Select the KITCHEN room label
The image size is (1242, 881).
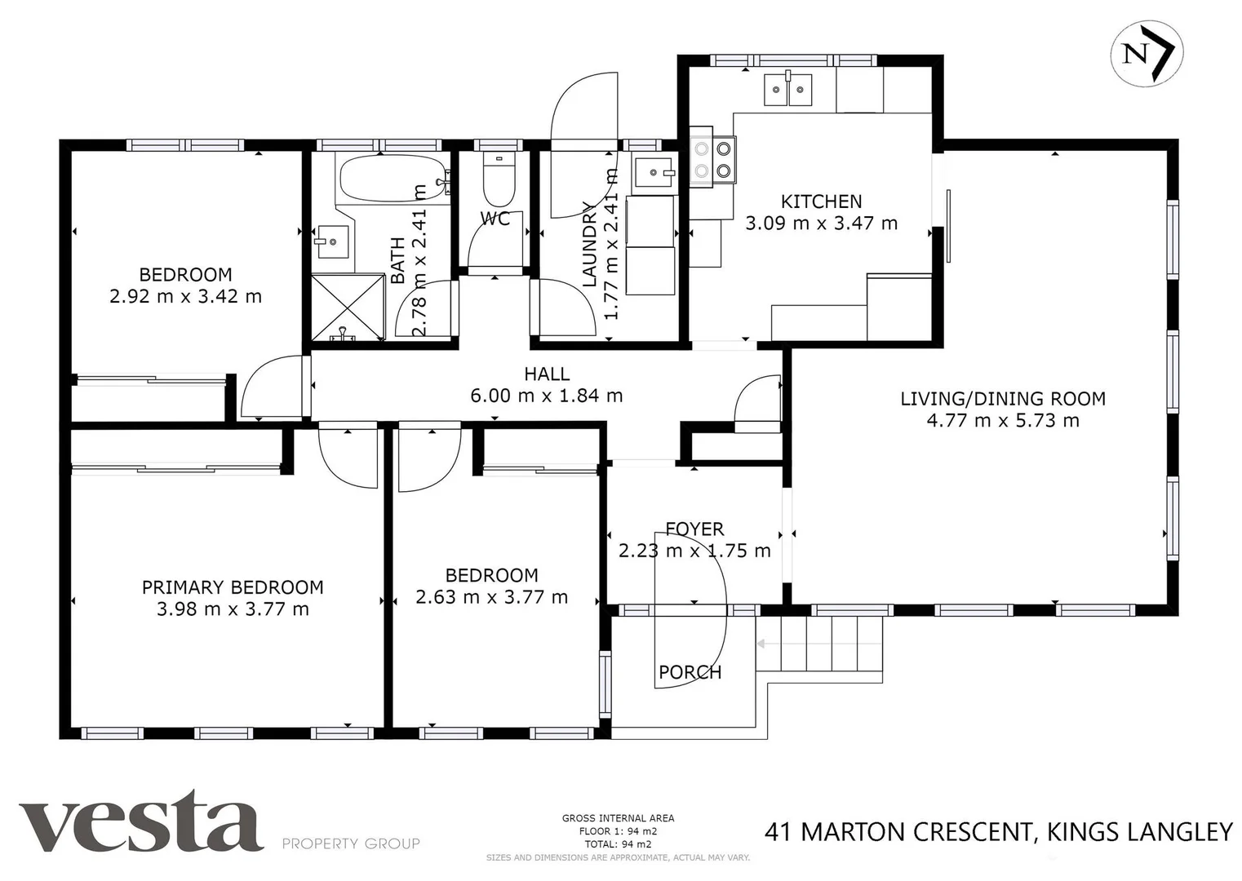tap(821, 201)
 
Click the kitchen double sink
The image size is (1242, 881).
tap(788, 89)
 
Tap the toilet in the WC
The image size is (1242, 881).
tap(498, 179)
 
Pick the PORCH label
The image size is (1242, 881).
tap(690, 672)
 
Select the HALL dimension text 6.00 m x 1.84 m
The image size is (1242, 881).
tap(546, 396)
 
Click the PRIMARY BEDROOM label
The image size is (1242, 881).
tap(233, 587)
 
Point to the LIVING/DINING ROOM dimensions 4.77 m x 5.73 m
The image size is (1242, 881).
tap(1003, 421)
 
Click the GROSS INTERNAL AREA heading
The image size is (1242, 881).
tap(618, 818)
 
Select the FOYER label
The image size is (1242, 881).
tap(694, 529)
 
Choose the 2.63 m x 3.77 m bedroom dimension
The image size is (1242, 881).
tap(491, 597)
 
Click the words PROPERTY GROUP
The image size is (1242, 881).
tap(351, 843)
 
